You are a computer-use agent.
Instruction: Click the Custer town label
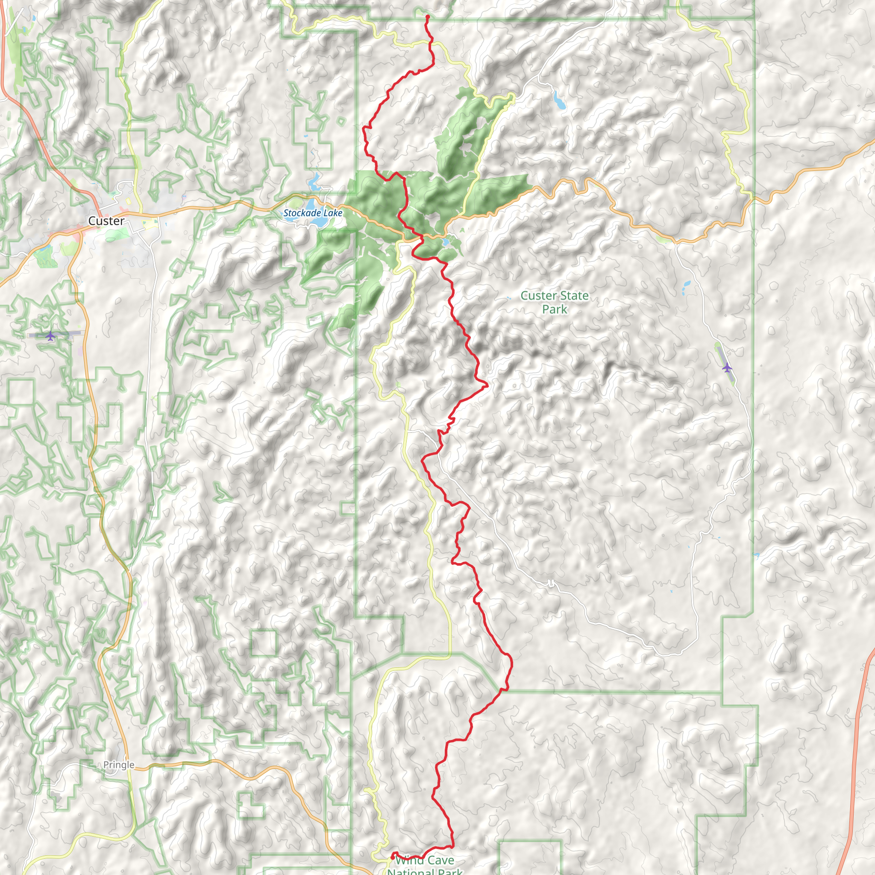click(106, 221)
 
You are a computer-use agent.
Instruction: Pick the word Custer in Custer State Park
click(537, 296)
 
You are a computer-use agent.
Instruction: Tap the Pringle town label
click(119, 764)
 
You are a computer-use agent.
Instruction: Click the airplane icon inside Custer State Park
click(727, 367)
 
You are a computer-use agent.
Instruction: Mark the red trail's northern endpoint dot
click(428, 17)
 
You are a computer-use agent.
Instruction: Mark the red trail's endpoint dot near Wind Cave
click(392, 857)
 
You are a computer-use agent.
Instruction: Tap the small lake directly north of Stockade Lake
click(314, 183)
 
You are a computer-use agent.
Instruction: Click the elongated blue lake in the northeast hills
click(559, 100)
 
